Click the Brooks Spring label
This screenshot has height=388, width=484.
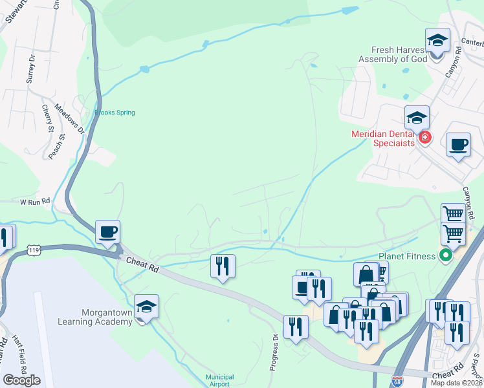pos(115,113)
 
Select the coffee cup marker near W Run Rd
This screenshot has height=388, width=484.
pos(107,232)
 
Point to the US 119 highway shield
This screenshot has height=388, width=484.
pos(35,250)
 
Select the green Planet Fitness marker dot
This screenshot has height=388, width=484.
pos(445,255)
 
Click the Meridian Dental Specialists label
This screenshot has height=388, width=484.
pos(382,138)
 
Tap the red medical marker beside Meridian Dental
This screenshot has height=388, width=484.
pos(425,138)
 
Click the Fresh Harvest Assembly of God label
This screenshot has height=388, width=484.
pos(394,54)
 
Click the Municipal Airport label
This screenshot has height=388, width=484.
pos(219,380)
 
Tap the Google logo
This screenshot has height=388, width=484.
pos(21,380)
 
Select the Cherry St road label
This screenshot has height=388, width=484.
pos(47,119)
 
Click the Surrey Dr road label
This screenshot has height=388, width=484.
pos(29,66)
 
